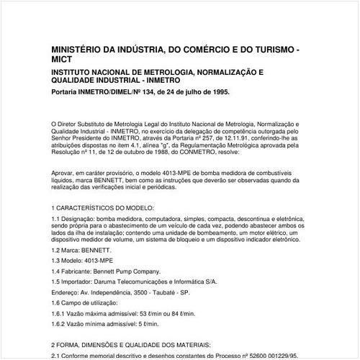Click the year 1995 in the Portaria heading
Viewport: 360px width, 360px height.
click(219, 92)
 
